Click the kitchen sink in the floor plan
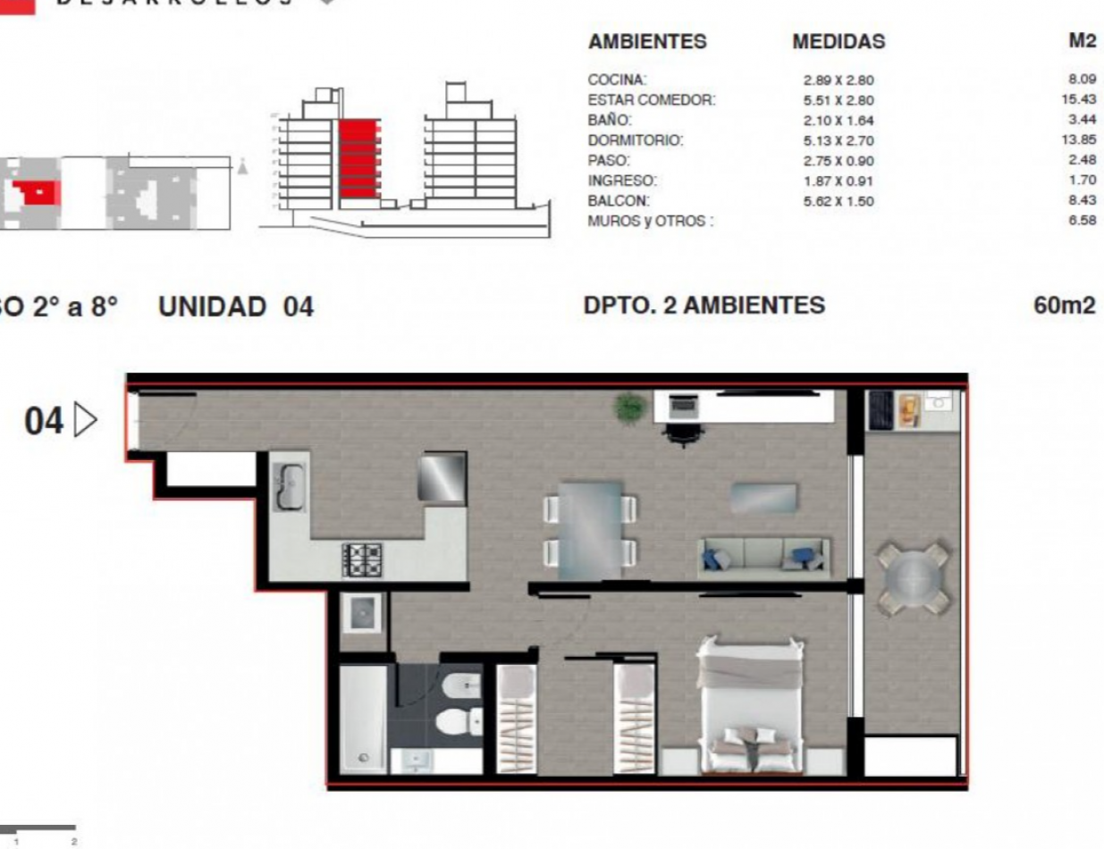click(x=289, y=487)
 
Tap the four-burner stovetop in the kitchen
click(x=361, y=559)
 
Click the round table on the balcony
click(x=913, y=578)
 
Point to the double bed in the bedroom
click(x=749, y=706)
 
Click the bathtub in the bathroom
click(x=363, y=718)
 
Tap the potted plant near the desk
click(x=630, y=407)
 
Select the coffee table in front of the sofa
click(x=763, y=498)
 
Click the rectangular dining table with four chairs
click(x=590, y=527)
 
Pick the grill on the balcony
click(x=881, y=410)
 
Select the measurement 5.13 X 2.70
click(x=838, y=141)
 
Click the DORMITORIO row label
click(x=635, y=141)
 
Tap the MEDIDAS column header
click(x=838, y=42)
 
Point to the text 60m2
click(x=1064, y=306)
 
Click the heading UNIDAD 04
click(x=236, y=307)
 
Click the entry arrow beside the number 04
click(x=86, y=419)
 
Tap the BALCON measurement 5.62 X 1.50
click(x=838, y=202)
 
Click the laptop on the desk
click(x=684, y=405)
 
